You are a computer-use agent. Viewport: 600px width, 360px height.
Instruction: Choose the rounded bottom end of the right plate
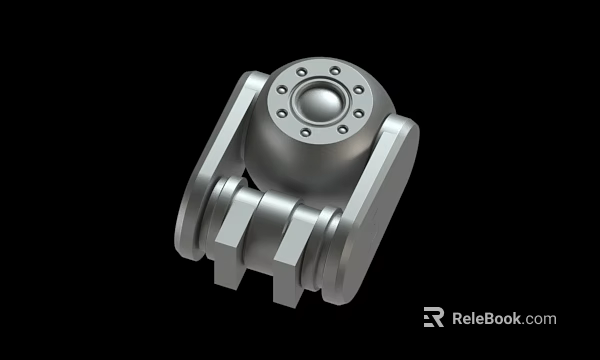[x=345, y=290]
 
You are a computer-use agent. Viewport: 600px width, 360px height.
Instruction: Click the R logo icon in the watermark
[x=433, y=318]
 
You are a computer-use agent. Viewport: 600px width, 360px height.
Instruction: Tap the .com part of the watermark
[x=539, y=319]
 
